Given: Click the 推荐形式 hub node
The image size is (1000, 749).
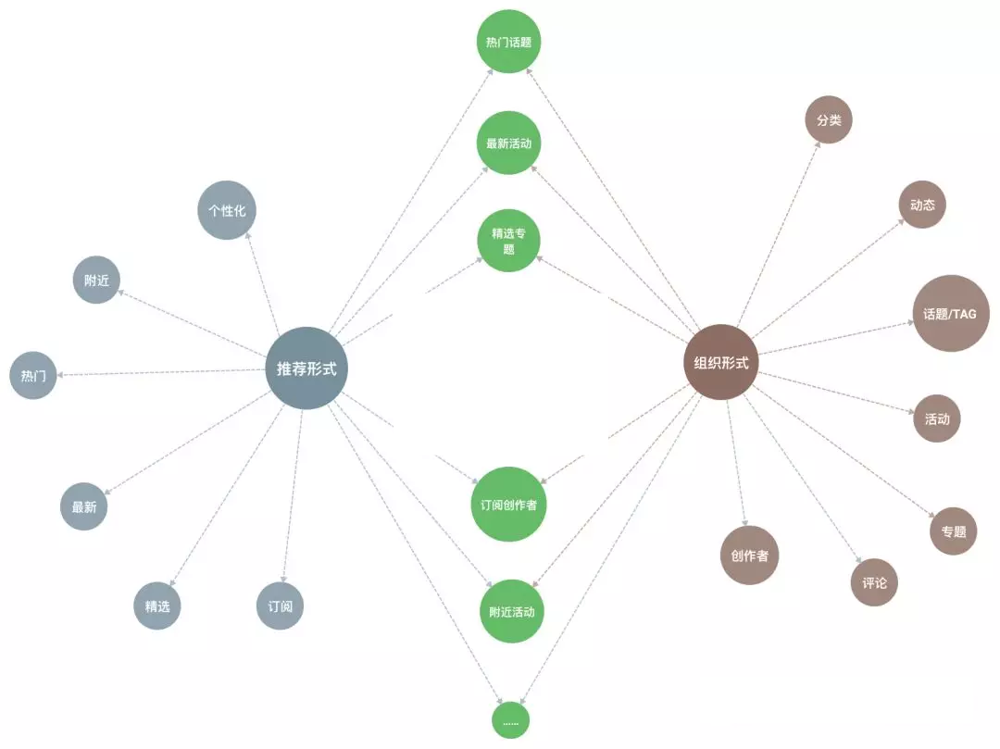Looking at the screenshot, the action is tap(306, 368).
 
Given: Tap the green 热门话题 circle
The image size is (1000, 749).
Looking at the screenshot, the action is tap(509, 42).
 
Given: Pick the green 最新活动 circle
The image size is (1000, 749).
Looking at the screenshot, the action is tap(509, 144).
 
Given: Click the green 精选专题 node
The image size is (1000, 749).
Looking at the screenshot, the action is tap(509, 241).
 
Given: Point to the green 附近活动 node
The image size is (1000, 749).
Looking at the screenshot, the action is tap(512, 611).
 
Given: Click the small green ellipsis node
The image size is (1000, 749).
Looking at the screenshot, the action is tap(510, 719).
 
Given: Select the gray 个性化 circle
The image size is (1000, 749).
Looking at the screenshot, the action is tap(227, 210).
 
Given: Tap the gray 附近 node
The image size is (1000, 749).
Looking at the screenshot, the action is tap(97, 280).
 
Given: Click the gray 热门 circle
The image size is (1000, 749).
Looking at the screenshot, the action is tap(33, 375).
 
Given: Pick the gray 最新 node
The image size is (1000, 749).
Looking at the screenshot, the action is tap(84, 506).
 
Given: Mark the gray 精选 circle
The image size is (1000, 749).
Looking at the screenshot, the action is tap(157, 606).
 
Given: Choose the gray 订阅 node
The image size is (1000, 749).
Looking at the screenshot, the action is tap(280, 606).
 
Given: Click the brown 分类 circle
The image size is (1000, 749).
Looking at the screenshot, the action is tap(829, 120).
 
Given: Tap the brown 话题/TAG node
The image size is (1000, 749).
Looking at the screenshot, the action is tap(951, 314).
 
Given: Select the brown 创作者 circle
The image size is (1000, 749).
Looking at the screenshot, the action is tap(749, 556).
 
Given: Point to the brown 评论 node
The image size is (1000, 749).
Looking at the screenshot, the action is tap(874, 582).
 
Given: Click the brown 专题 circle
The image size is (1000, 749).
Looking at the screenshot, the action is tap(954, 531).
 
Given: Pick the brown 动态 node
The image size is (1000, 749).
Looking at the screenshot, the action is tap(922, 205).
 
